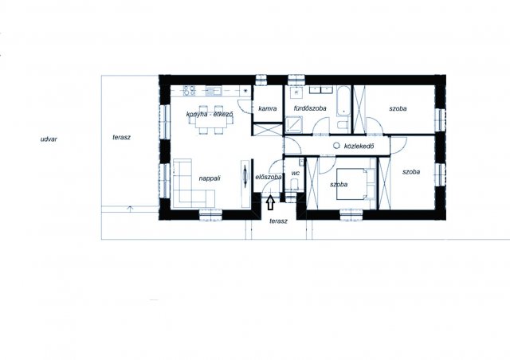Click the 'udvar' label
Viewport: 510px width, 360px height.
pos(49,139)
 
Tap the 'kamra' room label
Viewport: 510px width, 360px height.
pos(268,108)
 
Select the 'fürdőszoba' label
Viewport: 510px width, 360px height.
pos(310,108)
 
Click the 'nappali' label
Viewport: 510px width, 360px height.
pos(210,178)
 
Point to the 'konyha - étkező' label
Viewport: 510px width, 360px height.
pos(210,114)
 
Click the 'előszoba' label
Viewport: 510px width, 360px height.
pos(269,178)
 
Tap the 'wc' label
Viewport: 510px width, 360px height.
pos(296,174)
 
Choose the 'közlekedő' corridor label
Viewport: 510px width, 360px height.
pos(359,146)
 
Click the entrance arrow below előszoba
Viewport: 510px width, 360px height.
pos(270,202)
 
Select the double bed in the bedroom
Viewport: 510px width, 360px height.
pos(356,184)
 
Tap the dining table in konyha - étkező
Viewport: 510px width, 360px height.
pos(211,120)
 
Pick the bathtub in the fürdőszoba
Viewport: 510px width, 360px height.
pos(343,100)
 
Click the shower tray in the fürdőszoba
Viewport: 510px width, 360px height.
pos(294,125)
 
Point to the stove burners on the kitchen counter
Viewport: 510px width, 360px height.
pos(189,91)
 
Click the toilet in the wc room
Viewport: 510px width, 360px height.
pos(295,185)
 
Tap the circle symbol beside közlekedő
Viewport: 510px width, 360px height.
pos(336,146)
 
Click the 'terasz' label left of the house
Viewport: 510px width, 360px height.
pos(122,137)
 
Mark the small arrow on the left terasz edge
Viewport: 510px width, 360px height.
pos(130,209)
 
